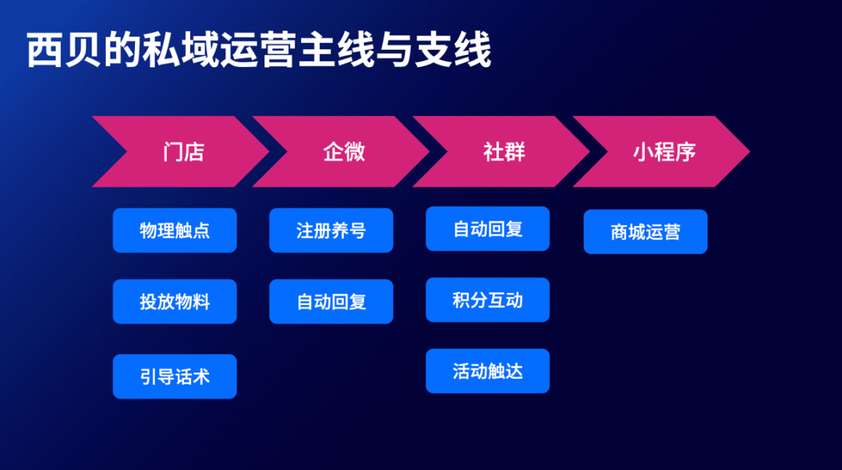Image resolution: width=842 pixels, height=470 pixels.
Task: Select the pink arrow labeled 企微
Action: tap(345, 151)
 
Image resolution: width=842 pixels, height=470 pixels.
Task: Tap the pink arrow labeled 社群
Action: tap(504, 151)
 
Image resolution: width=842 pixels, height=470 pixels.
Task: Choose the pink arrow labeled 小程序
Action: tap(664, 151)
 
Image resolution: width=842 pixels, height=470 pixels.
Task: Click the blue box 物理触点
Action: tap(175, 231)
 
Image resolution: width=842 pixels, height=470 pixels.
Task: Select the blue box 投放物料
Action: tap(175, 302)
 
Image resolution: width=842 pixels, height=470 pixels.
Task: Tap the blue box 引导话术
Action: tap(175, 376)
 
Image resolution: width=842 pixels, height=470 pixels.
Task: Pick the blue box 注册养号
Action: tap(331, 231)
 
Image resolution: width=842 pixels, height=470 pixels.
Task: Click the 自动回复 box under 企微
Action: tap(331, 302)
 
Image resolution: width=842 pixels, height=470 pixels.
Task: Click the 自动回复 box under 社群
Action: tap(487, 229)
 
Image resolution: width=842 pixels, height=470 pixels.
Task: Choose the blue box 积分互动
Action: tap(487, 300)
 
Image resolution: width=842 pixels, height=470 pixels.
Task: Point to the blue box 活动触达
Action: tap(487, 371)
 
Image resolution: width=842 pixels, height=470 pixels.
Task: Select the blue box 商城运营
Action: tap(646, 231)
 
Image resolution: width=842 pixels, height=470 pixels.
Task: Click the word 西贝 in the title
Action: tap(64, 50)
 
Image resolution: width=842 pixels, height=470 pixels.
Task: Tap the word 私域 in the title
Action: tap(180, 50)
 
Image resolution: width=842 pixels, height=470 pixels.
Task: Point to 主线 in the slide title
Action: tap(336, 50)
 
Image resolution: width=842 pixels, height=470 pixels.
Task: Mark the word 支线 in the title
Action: tap(453, 50)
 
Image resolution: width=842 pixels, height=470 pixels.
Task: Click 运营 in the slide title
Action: tap(258, 50)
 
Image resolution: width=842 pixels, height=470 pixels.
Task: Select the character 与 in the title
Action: tap(394, 50)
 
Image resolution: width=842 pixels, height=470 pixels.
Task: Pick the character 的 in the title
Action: tap(122, 50)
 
